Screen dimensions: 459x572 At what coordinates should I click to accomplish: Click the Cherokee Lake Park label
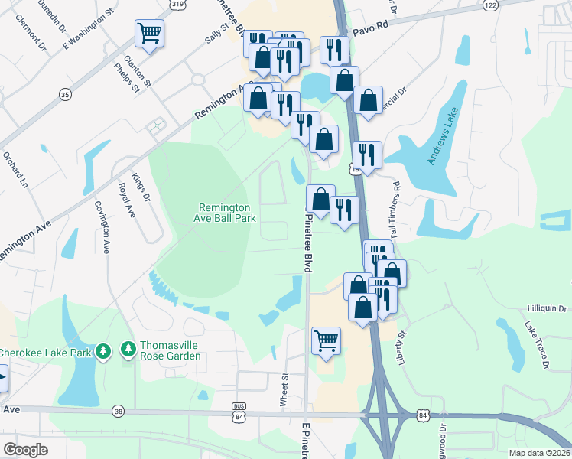click(x=44, y=352)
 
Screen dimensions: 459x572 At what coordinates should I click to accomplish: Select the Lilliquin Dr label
click(x=547, y=309)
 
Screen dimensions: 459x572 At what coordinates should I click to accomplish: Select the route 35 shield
click(x=65, y=94)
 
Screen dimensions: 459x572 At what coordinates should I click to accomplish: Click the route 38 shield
click(x=118, y=412)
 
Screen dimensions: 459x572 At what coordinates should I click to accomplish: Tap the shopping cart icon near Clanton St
click(x=149, y=33)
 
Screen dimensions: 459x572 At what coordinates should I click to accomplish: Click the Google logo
click(x=25, y=450)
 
